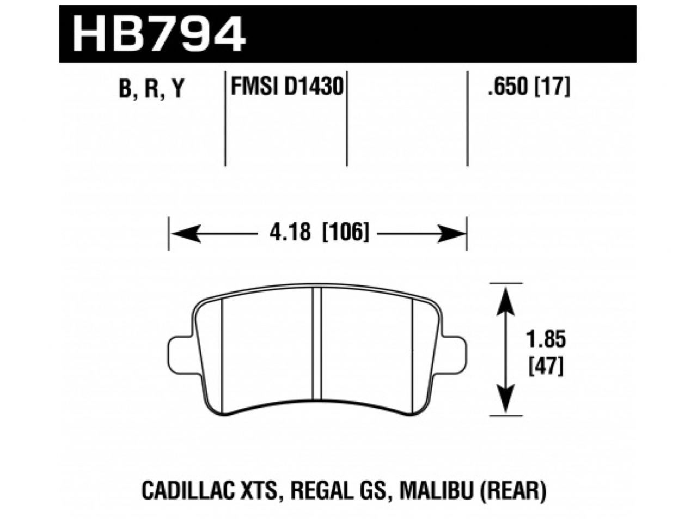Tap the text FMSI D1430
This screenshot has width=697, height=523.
[286, 86]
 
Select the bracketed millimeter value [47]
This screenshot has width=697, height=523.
[546, 366]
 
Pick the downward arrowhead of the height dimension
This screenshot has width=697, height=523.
[506, 400]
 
